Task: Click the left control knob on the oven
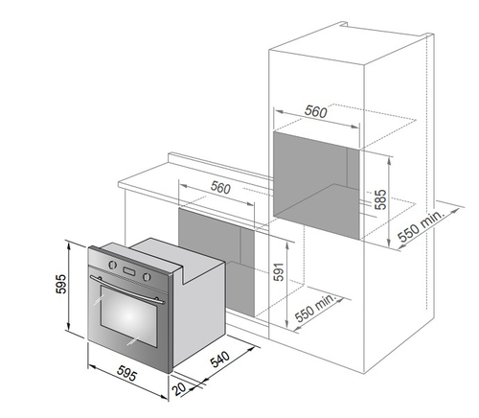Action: coord(112,265)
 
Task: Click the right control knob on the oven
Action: coord(147,277)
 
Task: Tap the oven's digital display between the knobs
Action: coord(129,271)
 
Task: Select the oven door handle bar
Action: coord(127,290)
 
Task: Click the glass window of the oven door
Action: coord(129,316)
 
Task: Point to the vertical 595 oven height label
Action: coord(61,284)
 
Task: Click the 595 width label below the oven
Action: coord(126,373)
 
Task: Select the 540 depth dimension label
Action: coord(220,359)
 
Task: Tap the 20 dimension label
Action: coord(179,388)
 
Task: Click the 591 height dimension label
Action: coord(279,271)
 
